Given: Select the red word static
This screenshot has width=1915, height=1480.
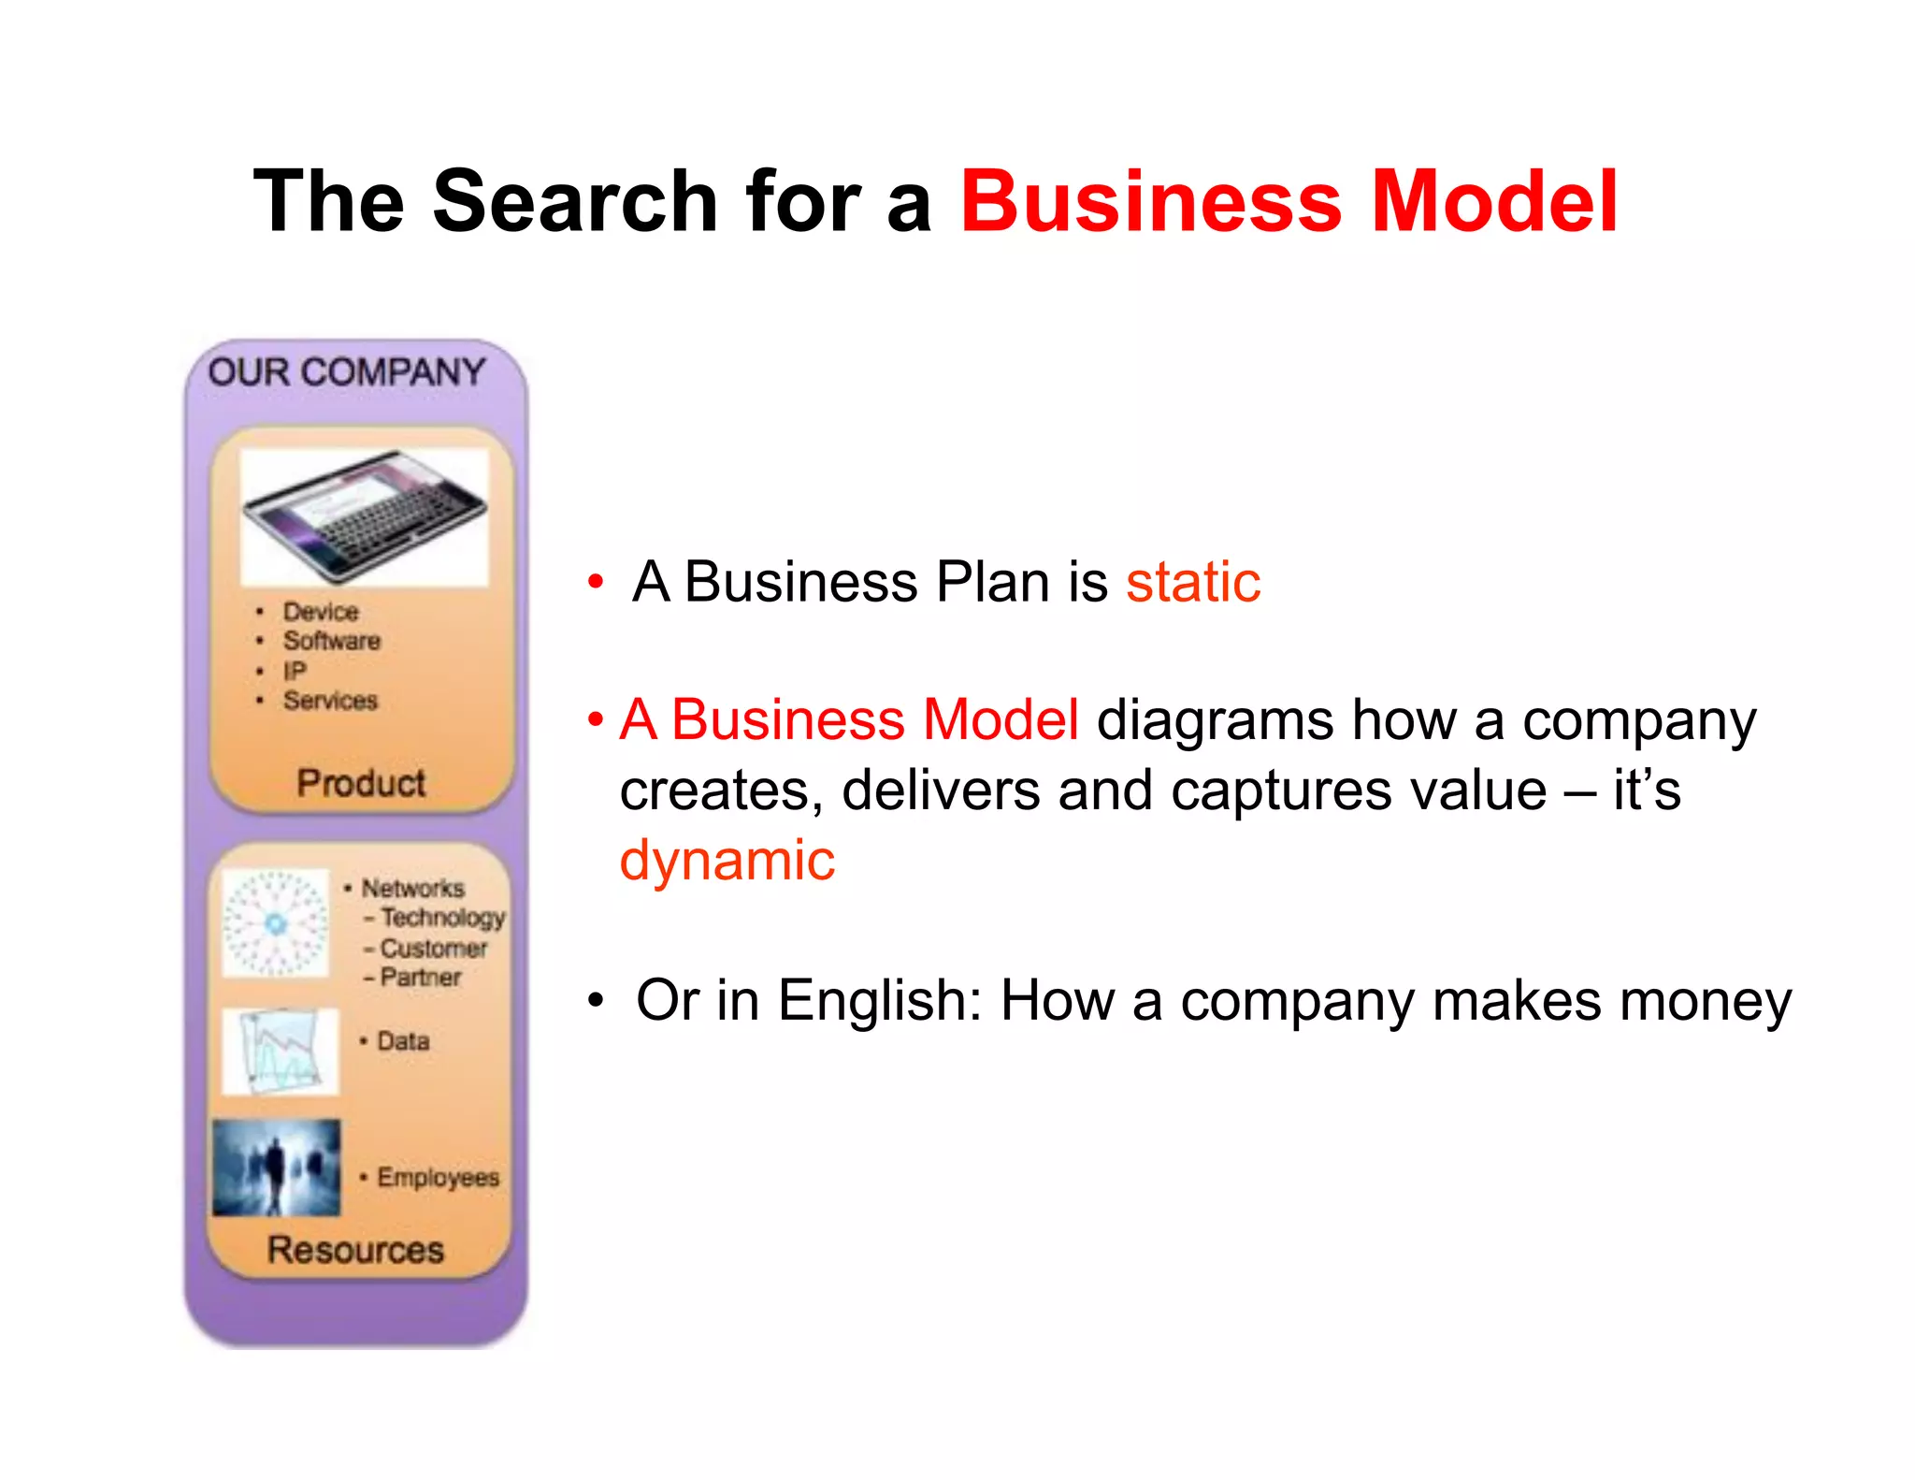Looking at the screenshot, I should point(1193,582).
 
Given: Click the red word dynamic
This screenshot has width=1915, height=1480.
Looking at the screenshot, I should point(727,861).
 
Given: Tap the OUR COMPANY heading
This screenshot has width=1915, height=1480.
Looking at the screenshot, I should point(347,372).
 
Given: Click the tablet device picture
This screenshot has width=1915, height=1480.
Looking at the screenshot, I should point(364,515).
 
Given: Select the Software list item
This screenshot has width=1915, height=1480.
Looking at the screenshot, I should point(332,641).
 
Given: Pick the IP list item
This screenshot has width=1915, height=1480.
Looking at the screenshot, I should point(295,671).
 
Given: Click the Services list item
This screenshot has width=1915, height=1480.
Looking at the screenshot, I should point(330,701).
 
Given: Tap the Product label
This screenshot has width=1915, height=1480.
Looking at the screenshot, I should point(361,782).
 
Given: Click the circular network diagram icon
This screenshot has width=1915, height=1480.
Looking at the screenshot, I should point(275,923).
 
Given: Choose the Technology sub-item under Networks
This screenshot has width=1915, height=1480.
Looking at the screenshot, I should point(442,918).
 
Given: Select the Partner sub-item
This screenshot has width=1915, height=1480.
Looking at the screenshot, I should point(421,978).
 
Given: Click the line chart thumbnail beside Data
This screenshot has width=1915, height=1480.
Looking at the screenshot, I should point(280,1052).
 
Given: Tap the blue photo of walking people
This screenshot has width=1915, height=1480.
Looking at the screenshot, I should point(276,1167).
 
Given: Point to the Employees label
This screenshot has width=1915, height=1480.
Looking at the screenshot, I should point(438,1177).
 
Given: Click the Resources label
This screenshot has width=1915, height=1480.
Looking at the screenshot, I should point(355,1250).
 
